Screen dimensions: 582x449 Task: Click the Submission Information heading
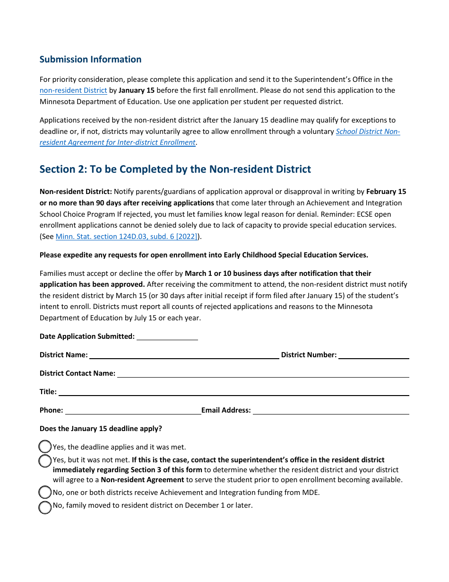(x=90, y=59)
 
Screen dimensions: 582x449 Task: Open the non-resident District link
(x=73, y=90)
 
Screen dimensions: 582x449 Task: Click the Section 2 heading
(x=175, y=169)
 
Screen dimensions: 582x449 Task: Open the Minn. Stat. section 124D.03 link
(x=127, y=237)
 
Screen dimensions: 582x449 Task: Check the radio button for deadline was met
(x=45, y=447)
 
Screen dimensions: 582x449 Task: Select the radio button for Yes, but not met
(x=45, y=460)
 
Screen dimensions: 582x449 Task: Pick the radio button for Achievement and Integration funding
(x=45, y=493)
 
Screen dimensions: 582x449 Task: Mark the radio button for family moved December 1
(x=45, y=507)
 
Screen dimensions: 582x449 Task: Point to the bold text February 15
(x=386, y=192)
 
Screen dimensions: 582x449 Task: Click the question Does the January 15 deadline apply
(x=101, y=429)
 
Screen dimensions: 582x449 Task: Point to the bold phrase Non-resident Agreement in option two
(x=142, y=480)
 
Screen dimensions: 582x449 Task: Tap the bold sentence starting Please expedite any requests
(x=204, y=255)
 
